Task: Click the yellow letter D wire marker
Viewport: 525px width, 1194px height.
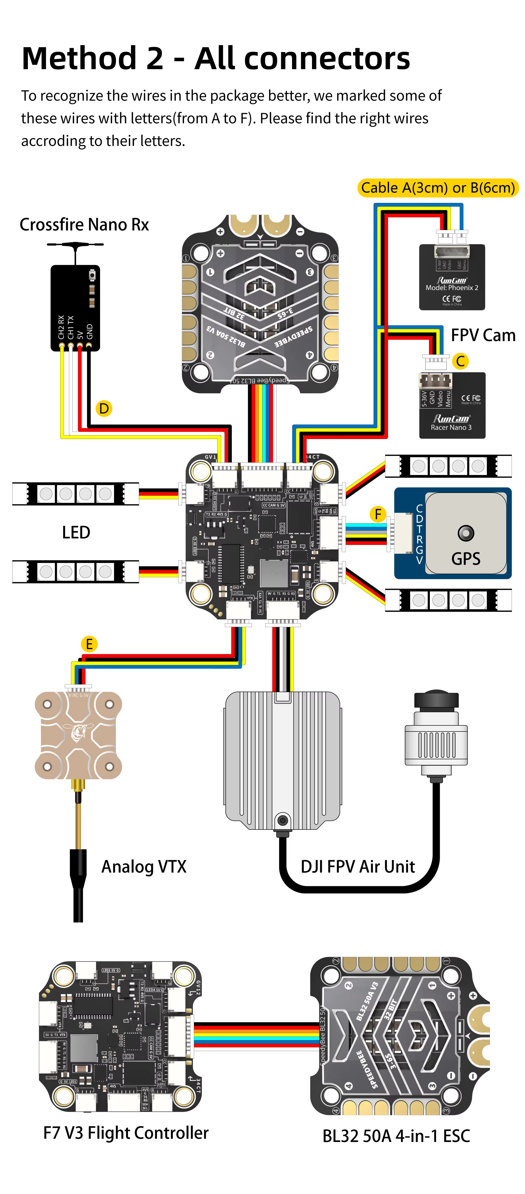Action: coord(104,408)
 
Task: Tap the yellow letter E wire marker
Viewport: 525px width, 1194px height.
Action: coord(89,644)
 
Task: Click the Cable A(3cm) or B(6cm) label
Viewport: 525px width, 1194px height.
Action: coord(437,188)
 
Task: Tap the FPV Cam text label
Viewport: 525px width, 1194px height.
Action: coord(483,335)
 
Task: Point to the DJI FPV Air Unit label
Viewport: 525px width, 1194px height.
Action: coord(357,866)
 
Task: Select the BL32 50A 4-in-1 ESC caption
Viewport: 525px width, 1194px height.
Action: coord(396,1136)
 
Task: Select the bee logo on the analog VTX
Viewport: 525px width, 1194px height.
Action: coord(78,733)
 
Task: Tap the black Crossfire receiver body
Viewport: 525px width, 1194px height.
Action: coord(75,308)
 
